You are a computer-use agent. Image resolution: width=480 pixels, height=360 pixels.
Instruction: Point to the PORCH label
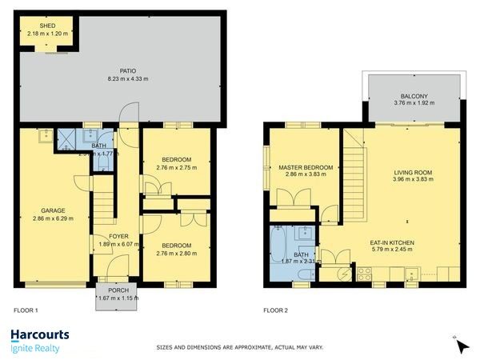[x=116, y=290]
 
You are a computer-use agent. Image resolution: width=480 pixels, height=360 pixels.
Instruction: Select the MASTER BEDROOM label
[x=305, y=168]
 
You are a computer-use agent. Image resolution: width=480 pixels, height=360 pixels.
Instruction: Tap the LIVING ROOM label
[x=413, y=172]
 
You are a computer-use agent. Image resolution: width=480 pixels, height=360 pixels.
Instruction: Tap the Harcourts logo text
[x=39, y=335]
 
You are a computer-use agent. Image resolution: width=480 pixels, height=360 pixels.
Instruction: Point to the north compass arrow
[x=461, y=346]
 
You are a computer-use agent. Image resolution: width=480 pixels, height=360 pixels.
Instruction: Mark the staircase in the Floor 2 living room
[x=353, y=176]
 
